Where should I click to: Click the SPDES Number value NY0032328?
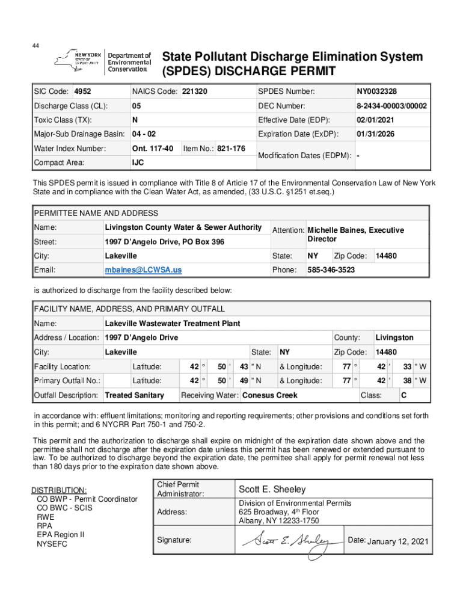(376, 92)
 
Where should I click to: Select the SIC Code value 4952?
(82, 92)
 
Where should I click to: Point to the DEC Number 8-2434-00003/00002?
(391, 106)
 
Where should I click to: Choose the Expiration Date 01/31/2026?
(376, 134)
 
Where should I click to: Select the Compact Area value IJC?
(138, 162)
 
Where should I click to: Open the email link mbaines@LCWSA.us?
(143, 270)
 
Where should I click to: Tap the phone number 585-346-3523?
(331, 270)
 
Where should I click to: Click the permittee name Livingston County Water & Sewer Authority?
(183, 227)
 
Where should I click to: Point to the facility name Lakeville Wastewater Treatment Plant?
(172, 324)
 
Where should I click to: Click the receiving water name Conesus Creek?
(269, 395)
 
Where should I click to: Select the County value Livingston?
(394, 337)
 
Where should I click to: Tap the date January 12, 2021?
(397, 541)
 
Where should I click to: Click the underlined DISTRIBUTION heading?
(59, 490)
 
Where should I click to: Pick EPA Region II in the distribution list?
(61, 534)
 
